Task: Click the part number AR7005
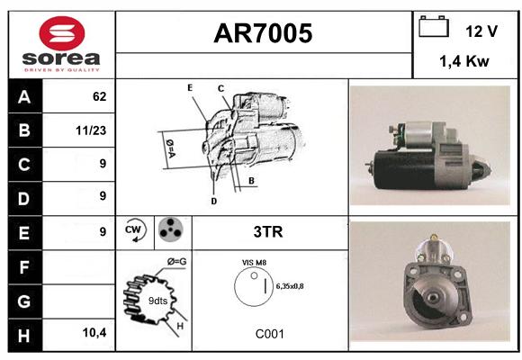click(x=263, y=33)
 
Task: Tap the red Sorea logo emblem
click(x=62, y=33)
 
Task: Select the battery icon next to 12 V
click(x=434, y=26)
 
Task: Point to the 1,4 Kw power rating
click(x=464, y=61)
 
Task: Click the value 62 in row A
click(x=99, y=96)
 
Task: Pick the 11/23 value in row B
click(x=91, y=130)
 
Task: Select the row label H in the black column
click(x=24, y=336)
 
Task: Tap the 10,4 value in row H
click(x=94, y=332)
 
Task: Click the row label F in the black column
click(x=24, y=267)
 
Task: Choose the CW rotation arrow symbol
click(x=135, y=229)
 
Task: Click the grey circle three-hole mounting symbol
click(x=171, y=229)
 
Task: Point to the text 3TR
click(x=268, y=232)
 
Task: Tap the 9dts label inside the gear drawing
click(x=157, y=301)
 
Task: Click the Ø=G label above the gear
click(x=176, y=262)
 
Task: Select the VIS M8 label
click(x=254, y=263)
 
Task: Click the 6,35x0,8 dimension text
click(x=290, y=286)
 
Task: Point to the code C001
click(x=270, y=334)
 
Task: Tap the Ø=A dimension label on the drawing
click(x=170, y=148)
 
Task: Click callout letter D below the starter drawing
click(x=213, y=201)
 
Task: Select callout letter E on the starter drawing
click(x=190, y=87)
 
